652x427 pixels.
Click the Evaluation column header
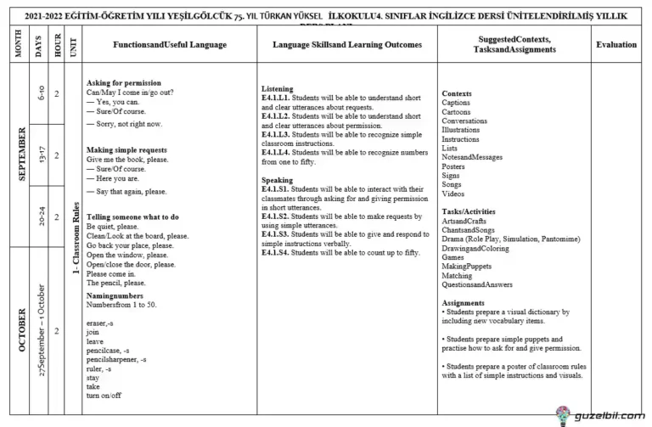point(615,44)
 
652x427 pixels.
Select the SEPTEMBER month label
point(21,155)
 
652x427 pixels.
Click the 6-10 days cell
point(41,93)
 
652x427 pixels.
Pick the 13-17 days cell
point(41,155)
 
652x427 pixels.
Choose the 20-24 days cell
point(41,216)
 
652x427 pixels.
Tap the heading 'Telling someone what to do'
point(132,216)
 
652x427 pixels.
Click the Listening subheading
point(278,88)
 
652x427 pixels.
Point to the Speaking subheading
point(277,180)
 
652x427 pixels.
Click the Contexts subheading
point(457,93)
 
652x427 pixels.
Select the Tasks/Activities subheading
point(469,211)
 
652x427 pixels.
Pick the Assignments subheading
point(463,302)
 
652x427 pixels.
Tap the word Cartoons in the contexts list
point(456,112)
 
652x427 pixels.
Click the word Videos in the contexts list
point(453,194)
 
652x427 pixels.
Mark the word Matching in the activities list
point(457,275)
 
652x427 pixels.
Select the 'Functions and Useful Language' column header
point(168,44)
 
